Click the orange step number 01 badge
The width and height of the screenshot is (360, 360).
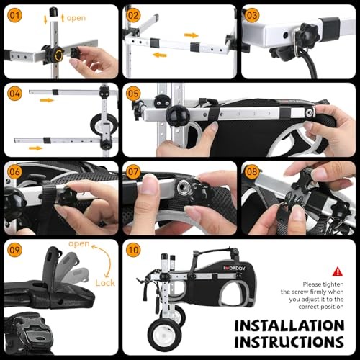coord(14,15)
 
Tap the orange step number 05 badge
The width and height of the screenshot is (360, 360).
coord(133,94)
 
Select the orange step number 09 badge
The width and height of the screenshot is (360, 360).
coord(14,250)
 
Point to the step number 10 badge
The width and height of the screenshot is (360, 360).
coord(133,250)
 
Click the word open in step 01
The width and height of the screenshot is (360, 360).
coord(76,18)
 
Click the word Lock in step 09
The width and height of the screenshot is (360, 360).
coord(105,283)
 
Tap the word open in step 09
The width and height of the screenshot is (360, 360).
coord(79,244)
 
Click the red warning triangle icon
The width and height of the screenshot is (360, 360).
coord(338,271)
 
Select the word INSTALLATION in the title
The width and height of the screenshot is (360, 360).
coord(289,326)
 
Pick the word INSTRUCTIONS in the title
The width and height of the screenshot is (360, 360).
coord(289,342)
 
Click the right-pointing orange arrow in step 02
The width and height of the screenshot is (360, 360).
coord(192,35)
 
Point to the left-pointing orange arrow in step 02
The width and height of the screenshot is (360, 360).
coord(160,55)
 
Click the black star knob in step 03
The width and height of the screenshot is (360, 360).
coord(307,35)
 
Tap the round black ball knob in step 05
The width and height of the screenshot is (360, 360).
coord(178,116)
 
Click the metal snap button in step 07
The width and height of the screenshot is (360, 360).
coord(184,187)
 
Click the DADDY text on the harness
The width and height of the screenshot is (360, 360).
coord(237,269)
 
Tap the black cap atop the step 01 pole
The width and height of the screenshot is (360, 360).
coord(53,12)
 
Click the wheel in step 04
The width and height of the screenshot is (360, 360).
coord(104,125)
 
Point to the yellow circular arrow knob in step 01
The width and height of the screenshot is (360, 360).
coord(58,55)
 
